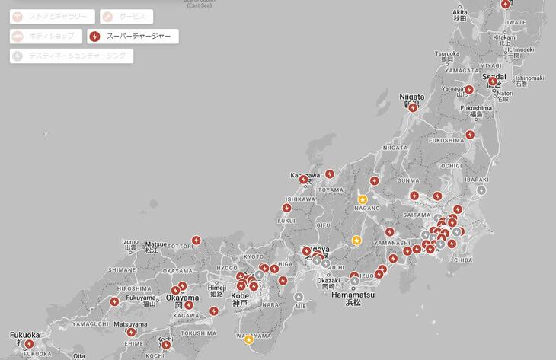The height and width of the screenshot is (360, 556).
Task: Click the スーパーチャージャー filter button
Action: (x=133, y=37)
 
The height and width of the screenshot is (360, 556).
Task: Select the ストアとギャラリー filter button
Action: (x=53, y=17)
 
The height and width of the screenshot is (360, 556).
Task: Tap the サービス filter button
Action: (x=126, y=17)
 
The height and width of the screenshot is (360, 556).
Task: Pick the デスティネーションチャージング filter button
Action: (x=72, y=56)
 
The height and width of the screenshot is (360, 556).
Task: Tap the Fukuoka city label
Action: (x=25, y=334)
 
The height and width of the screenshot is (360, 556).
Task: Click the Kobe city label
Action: (x=240, y=295)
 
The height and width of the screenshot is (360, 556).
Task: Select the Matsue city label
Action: (x=155, y=245)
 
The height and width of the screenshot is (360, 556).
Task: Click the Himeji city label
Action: (x=216, y=288)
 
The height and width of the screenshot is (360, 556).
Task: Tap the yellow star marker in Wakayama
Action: (x=248, y=339)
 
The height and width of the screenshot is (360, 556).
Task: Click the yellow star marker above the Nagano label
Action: (x=363, y=199)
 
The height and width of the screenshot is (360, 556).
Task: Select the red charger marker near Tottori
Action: (x=197, y=241)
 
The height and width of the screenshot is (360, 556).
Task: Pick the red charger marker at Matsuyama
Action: (x=131, y=332)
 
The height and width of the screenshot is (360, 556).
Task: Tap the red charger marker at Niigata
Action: (x=413, y=108)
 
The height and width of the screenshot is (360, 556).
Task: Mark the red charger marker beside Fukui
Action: (x=287, y=208)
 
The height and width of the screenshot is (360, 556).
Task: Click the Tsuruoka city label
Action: (x=448, y=53)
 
